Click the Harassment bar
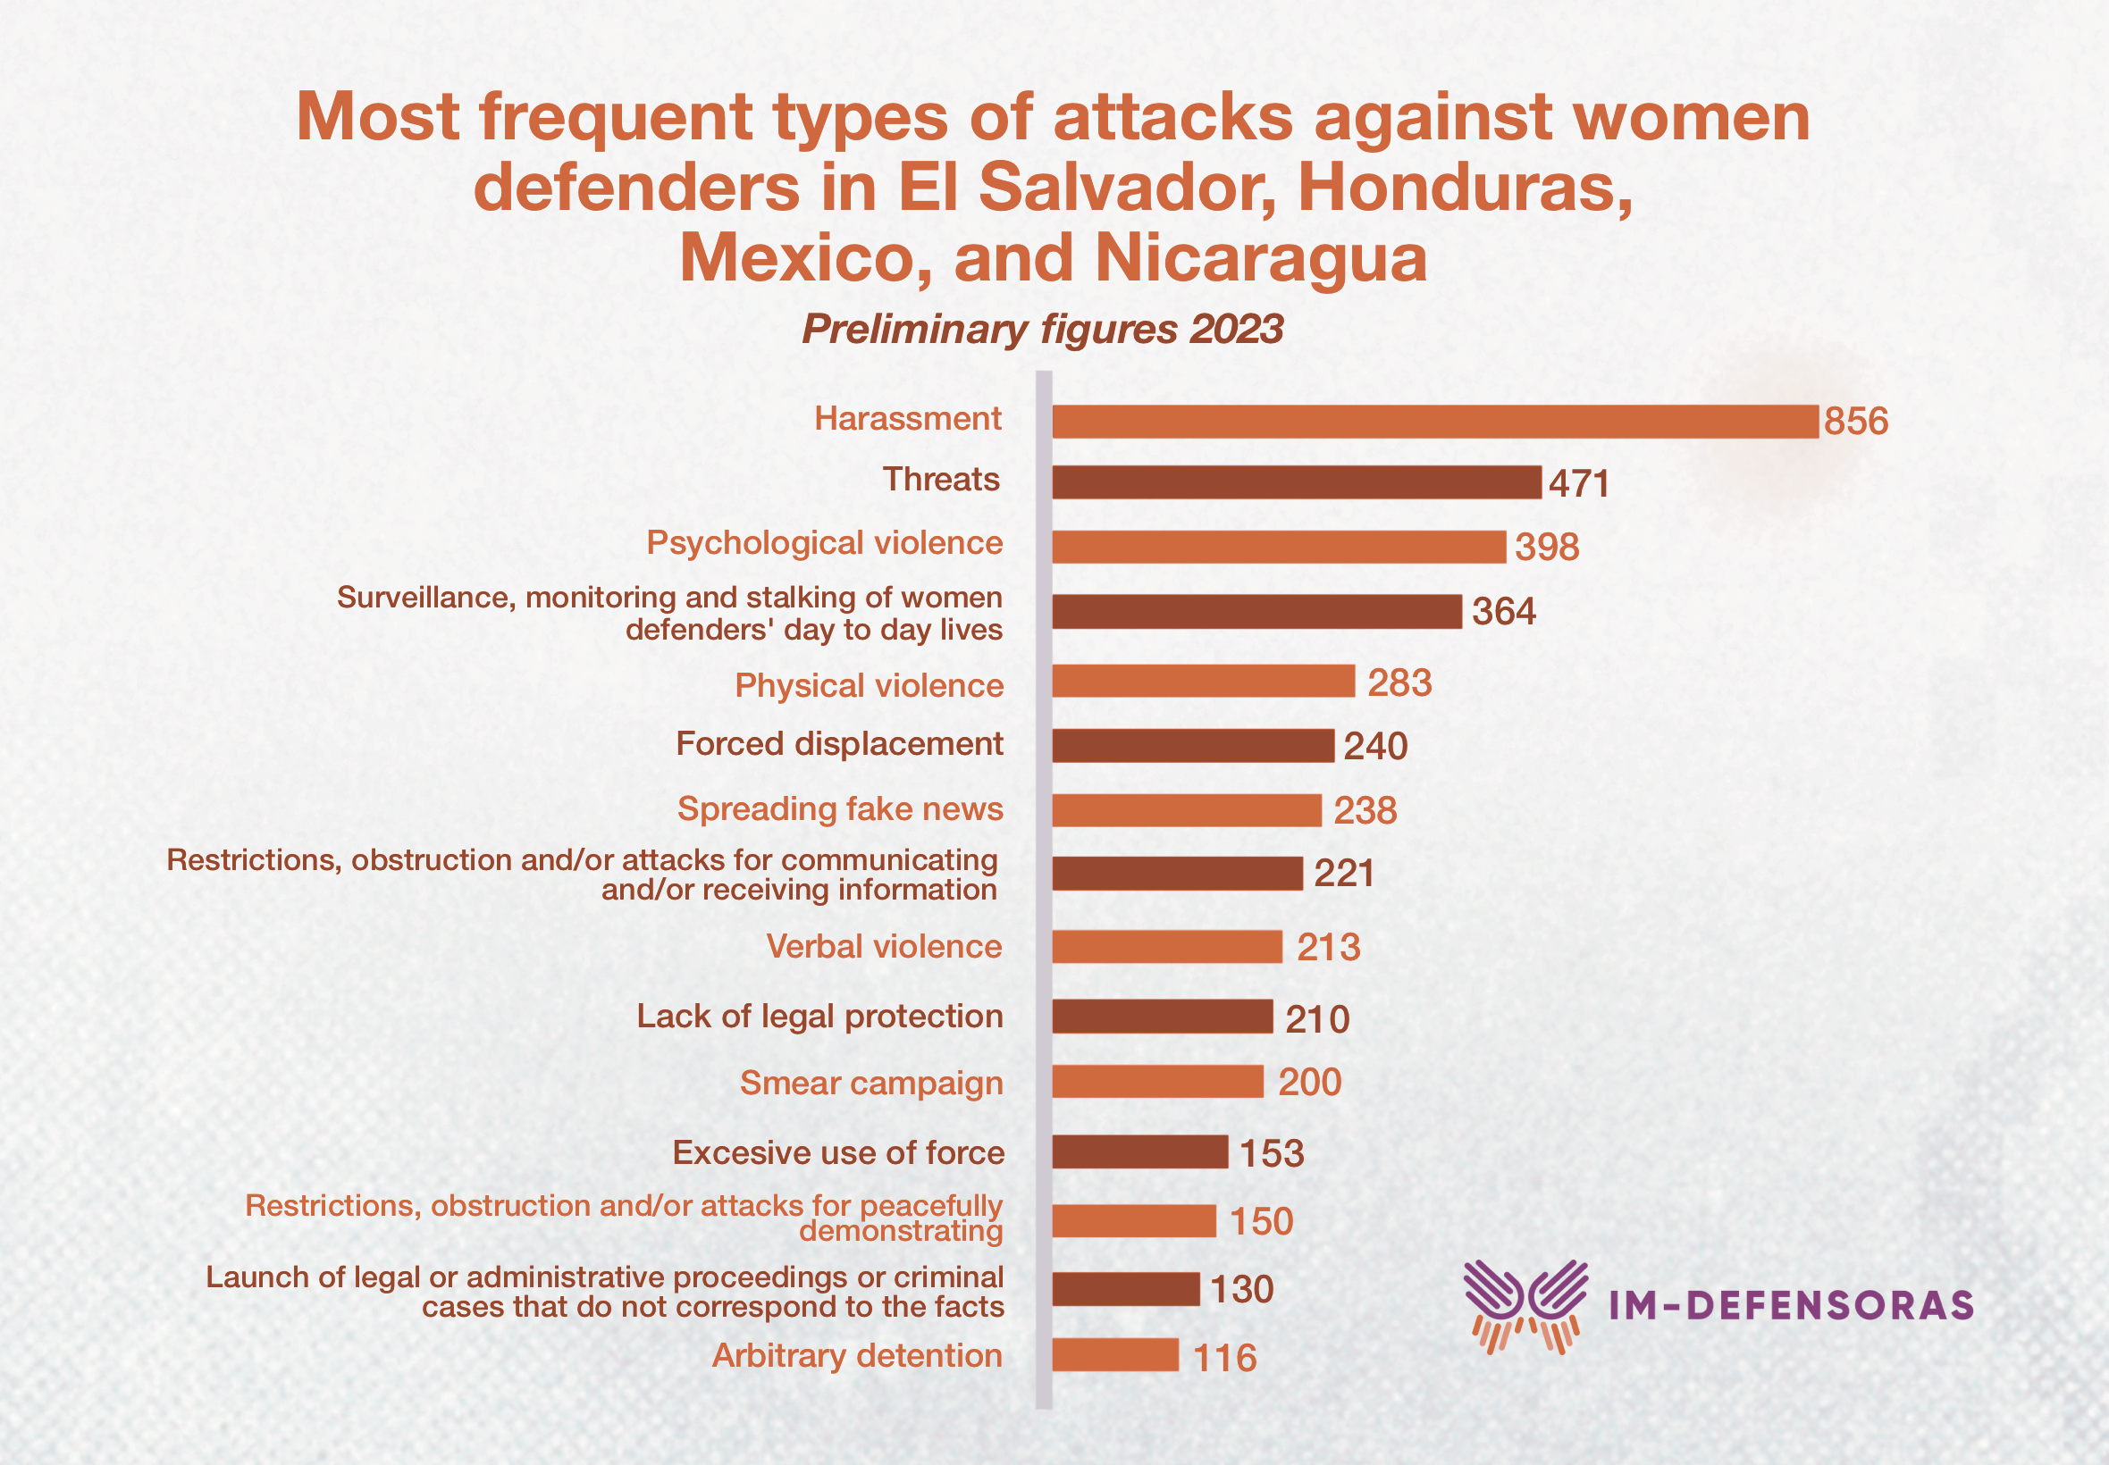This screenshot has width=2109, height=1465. coord(1434,422)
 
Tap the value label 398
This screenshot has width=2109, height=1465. coord(1547,547)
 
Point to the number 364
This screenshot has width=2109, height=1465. coord(1504,611)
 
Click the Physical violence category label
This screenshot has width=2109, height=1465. coord(869,686)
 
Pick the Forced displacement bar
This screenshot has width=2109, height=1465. coord(1193,745)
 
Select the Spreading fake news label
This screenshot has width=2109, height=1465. coord(840,808)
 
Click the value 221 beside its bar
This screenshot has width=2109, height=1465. coord(1344,873)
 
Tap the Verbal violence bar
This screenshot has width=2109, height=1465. coord(1167,946)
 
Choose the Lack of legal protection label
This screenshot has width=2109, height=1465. coord(819,1017)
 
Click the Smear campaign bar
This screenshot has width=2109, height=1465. coord(1158,1081)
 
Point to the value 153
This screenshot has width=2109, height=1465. coord(1272,1153)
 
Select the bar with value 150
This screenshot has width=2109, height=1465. coord(1134,1221)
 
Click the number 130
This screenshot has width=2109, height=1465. coord(1241,1290)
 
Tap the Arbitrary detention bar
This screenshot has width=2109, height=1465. coord(1115,1355)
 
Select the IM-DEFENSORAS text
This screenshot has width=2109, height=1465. coord(1790,1306)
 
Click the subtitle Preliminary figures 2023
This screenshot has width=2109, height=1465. coord(1042,330)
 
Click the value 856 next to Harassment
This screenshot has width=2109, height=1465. coord(1855,422)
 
